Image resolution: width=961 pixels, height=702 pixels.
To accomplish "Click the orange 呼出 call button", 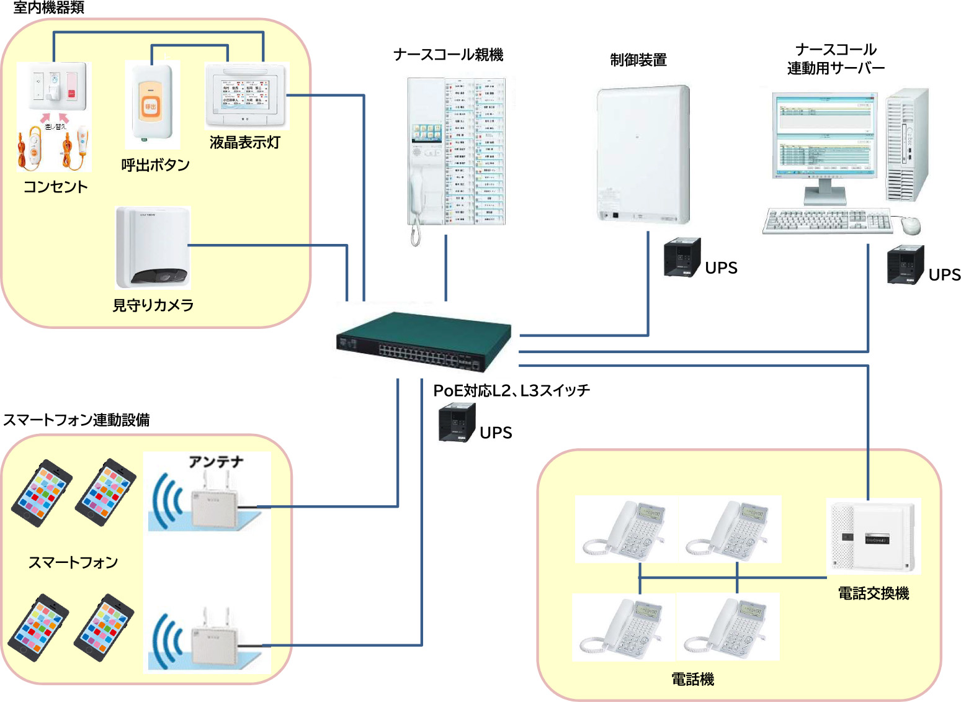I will [150, 106].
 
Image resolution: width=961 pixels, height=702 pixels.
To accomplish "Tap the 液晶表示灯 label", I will [244, 142].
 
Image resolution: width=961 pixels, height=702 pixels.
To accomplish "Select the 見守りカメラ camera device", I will [153, 248].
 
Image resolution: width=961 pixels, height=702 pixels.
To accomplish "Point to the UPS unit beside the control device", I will [682, 257].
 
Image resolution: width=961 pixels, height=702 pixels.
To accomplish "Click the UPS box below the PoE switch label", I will [457, 423].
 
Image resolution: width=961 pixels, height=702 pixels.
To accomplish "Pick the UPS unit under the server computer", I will [906, 265].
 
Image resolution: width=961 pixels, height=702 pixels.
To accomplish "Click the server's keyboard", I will [827, 221].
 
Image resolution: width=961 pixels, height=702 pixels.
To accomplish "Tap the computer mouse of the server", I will [911, 225].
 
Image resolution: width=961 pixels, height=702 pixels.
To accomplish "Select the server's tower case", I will [907, 145].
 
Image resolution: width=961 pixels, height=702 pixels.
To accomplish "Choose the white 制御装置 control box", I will [643, 155].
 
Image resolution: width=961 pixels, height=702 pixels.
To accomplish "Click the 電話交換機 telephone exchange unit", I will [874, 536].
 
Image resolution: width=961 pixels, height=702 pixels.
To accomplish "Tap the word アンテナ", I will [216, 462].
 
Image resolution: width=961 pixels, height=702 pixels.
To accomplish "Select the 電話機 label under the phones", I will [692, 679].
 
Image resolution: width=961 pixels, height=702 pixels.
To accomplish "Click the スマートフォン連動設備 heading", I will [76, 420].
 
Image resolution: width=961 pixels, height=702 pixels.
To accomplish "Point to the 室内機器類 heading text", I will [48, 8].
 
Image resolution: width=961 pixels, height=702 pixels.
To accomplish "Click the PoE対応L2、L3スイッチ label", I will [511, 390].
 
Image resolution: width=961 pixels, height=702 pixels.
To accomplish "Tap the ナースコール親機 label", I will [448, 55].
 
